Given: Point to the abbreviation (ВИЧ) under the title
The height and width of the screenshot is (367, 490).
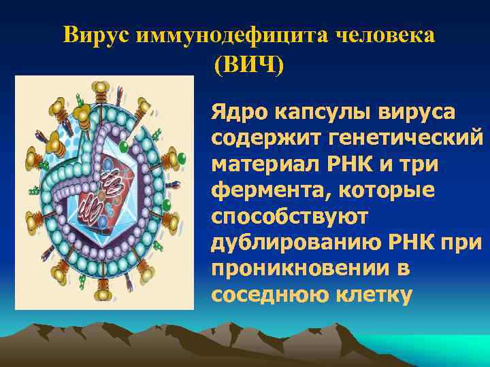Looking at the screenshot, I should coord(248,65).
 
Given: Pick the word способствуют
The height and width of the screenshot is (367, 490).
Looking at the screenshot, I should coord(290,217).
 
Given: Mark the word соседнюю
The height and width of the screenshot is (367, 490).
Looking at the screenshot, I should coord(263,296).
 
